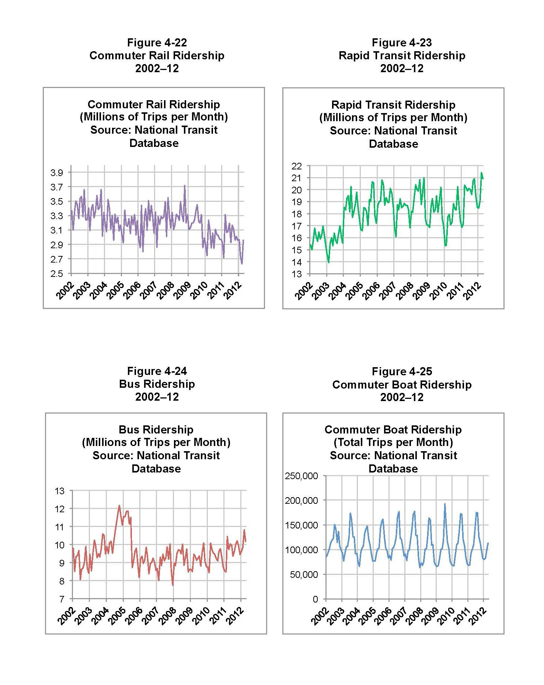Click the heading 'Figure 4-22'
[x=157, y=42]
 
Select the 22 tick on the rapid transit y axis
[x=297, y=166]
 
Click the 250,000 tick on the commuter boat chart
[x=301, y=476]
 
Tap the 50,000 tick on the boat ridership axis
[x=304, y=575]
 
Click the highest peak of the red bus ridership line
[x=119, y=506]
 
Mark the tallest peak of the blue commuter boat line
[x=444, y=504]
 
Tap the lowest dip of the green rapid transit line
[x=328, y=262]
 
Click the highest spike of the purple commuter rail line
[x=185, y=186]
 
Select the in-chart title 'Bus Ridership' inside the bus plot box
[x=156, y=429]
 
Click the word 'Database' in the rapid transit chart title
[x=393, y=144]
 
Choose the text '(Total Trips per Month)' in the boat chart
[x=393, y=442]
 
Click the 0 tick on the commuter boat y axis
[x=315, y=599]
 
